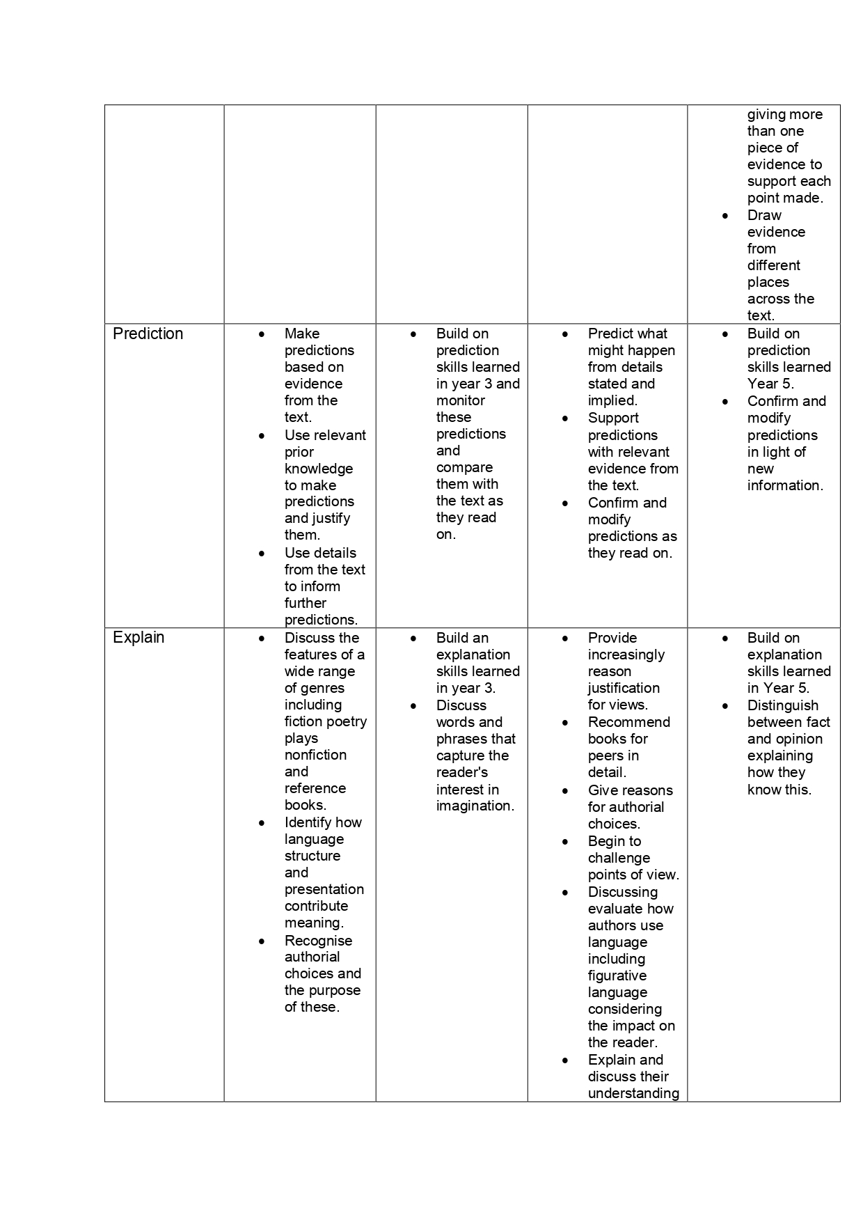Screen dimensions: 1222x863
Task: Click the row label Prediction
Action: coord(148,334)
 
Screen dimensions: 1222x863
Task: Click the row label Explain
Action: coord(138,638)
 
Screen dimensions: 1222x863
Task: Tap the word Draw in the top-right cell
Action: coord(764,215)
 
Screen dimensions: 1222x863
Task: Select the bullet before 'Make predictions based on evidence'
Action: coord(262,334)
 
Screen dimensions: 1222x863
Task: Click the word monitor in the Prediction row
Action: coord(461,400)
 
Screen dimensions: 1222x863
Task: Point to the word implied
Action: coord(612,400)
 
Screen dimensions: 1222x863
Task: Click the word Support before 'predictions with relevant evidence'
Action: coord(613,418)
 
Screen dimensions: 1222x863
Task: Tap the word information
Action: coord(785,485)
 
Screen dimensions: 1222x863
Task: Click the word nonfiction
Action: coord(315,755)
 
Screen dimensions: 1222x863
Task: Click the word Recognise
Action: coord(318,941)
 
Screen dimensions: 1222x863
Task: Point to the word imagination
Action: coord(475,806)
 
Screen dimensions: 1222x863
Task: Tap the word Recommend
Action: coord(629,722)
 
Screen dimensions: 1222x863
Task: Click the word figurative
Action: coord(617,976)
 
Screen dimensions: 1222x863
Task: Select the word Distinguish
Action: coord(783,705)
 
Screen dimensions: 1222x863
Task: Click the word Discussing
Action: coord(623,892)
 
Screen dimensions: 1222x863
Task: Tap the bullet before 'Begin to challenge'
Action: coord(565,842)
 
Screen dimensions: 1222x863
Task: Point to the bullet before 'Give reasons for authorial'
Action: coord(565,791)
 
